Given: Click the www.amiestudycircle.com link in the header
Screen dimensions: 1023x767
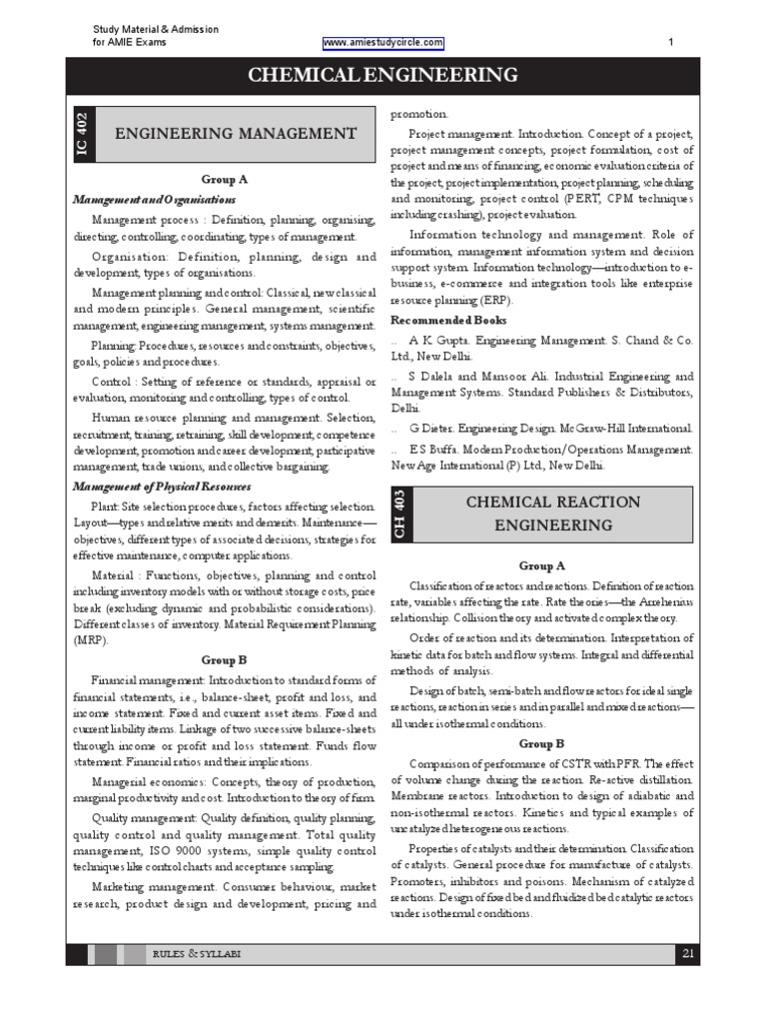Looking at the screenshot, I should (383, 43).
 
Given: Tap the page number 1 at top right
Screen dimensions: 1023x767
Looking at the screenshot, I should (670, 43).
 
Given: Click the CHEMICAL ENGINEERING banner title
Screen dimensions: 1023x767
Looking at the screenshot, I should (383, 75).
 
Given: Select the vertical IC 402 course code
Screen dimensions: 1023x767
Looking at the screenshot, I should (82, 133).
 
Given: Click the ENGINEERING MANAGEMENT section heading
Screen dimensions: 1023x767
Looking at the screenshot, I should (236, 133).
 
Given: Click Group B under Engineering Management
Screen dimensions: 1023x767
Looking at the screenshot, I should (224, 660).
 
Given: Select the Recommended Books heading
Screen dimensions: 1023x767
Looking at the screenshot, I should (448, 321).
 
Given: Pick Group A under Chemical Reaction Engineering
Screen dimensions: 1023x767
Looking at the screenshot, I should (541, 565).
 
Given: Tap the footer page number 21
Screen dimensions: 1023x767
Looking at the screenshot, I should (687, 954).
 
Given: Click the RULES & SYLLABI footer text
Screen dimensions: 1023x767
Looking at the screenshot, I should (196, 955).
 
